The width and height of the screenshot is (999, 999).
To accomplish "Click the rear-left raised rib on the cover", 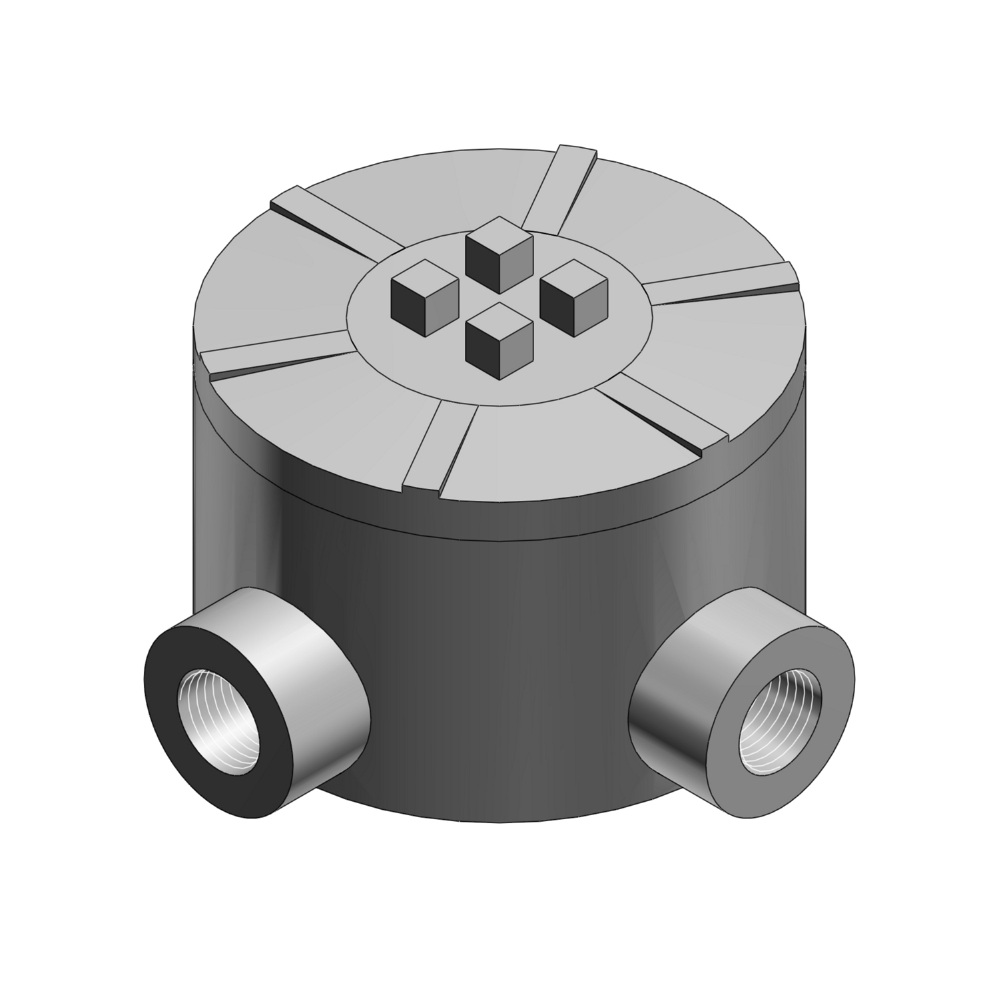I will tap(326, 223).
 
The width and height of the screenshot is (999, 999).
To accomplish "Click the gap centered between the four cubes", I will tap(499, 298).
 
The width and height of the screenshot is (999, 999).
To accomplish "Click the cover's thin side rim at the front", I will tap(499, 526).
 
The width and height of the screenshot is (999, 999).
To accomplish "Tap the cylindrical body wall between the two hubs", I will tap(499, 666).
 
